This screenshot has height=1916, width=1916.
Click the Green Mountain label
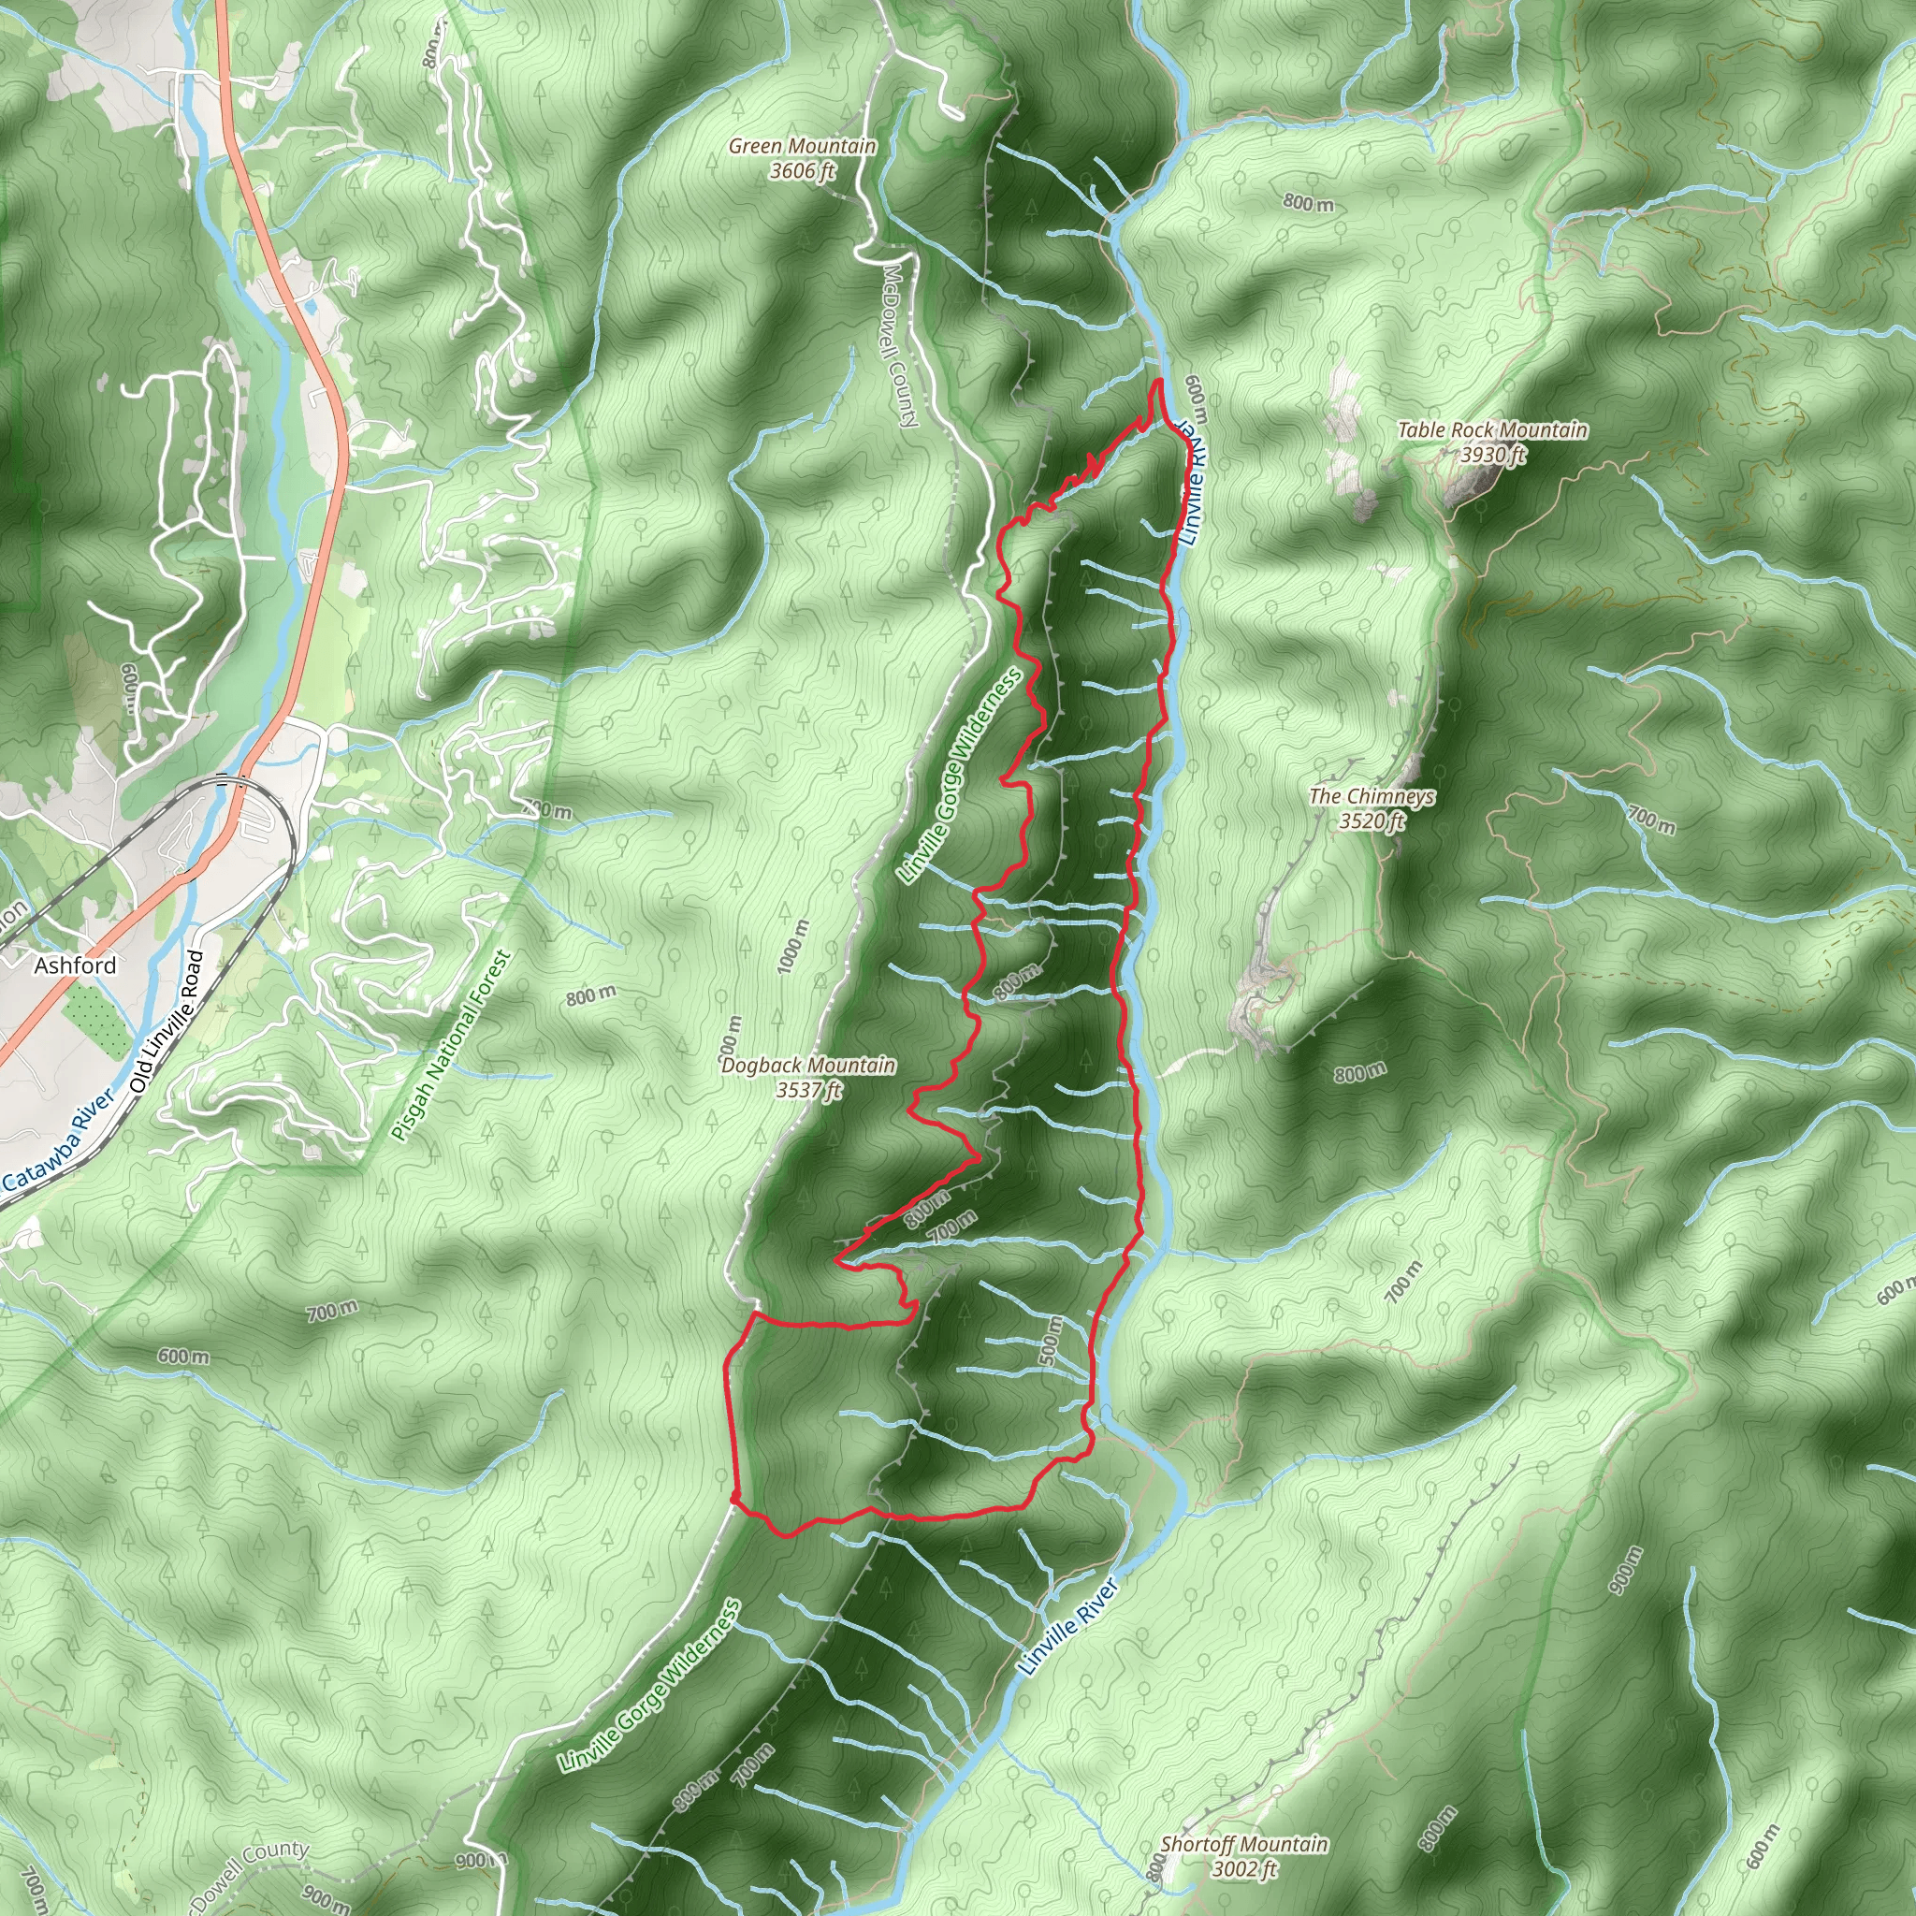pyautogui.click(x=803, y=147)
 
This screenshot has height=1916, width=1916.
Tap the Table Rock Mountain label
pyautogui.click(x=1491, y=430)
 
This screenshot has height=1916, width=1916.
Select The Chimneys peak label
pyautogui.click(x=1372, y=796)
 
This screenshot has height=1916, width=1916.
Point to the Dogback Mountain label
pyautogui.click(x=808, y=1065)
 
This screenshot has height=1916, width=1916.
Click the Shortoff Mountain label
pyautogui.click(x=1243, y=1845)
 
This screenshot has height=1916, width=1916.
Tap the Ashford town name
pyautogui.click(x=76, y=965)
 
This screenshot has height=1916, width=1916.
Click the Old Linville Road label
pyautogui.click(x=167, y=1023)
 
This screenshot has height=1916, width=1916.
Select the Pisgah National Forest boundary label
pyautogui.click(x=451, y=1045)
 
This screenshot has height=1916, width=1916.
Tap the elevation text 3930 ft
pyautogui.click(x=1492, y=456)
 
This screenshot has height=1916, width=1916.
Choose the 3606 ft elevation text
pyautogui.click(x=803, y=170)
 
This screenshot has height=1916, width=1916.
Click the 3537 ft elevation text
pyautogui.click(x=808, y=1090)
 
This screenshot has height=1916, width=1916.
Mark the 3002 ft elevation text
pyautogui.click(x=1243, y=1869)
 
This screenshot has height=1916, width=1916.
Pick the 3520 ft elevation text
pyautogui.click(x=1372, y=821)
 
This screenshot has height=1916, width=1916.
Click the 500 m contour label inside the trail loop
pyautogui.click(x=1052, y=1341)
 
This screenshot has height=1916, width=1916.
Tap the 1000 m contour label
pyautogui.click(x=793, y=946)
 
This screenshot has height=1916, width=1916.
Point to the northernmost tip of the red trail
pyautogui.click(x=1158, y=381)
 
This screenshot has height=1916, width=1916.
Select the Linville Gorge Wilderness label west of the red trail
pyautogui.click(x=958, y=777)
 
